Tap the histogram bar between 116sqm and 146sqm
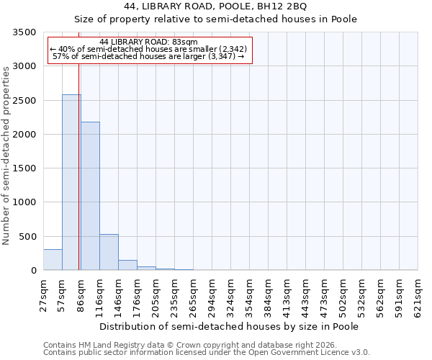coord(109,252)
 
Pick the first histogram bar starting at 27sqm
coord(53,260)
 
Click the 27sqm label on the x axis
coord(44,295)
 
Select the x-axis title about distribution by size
coord(229,326)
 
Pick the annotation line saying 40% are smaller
coord(148,49)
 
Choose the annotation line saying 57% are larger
coord(148,56)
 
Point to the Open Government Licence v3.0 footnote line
coord(207,353)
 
